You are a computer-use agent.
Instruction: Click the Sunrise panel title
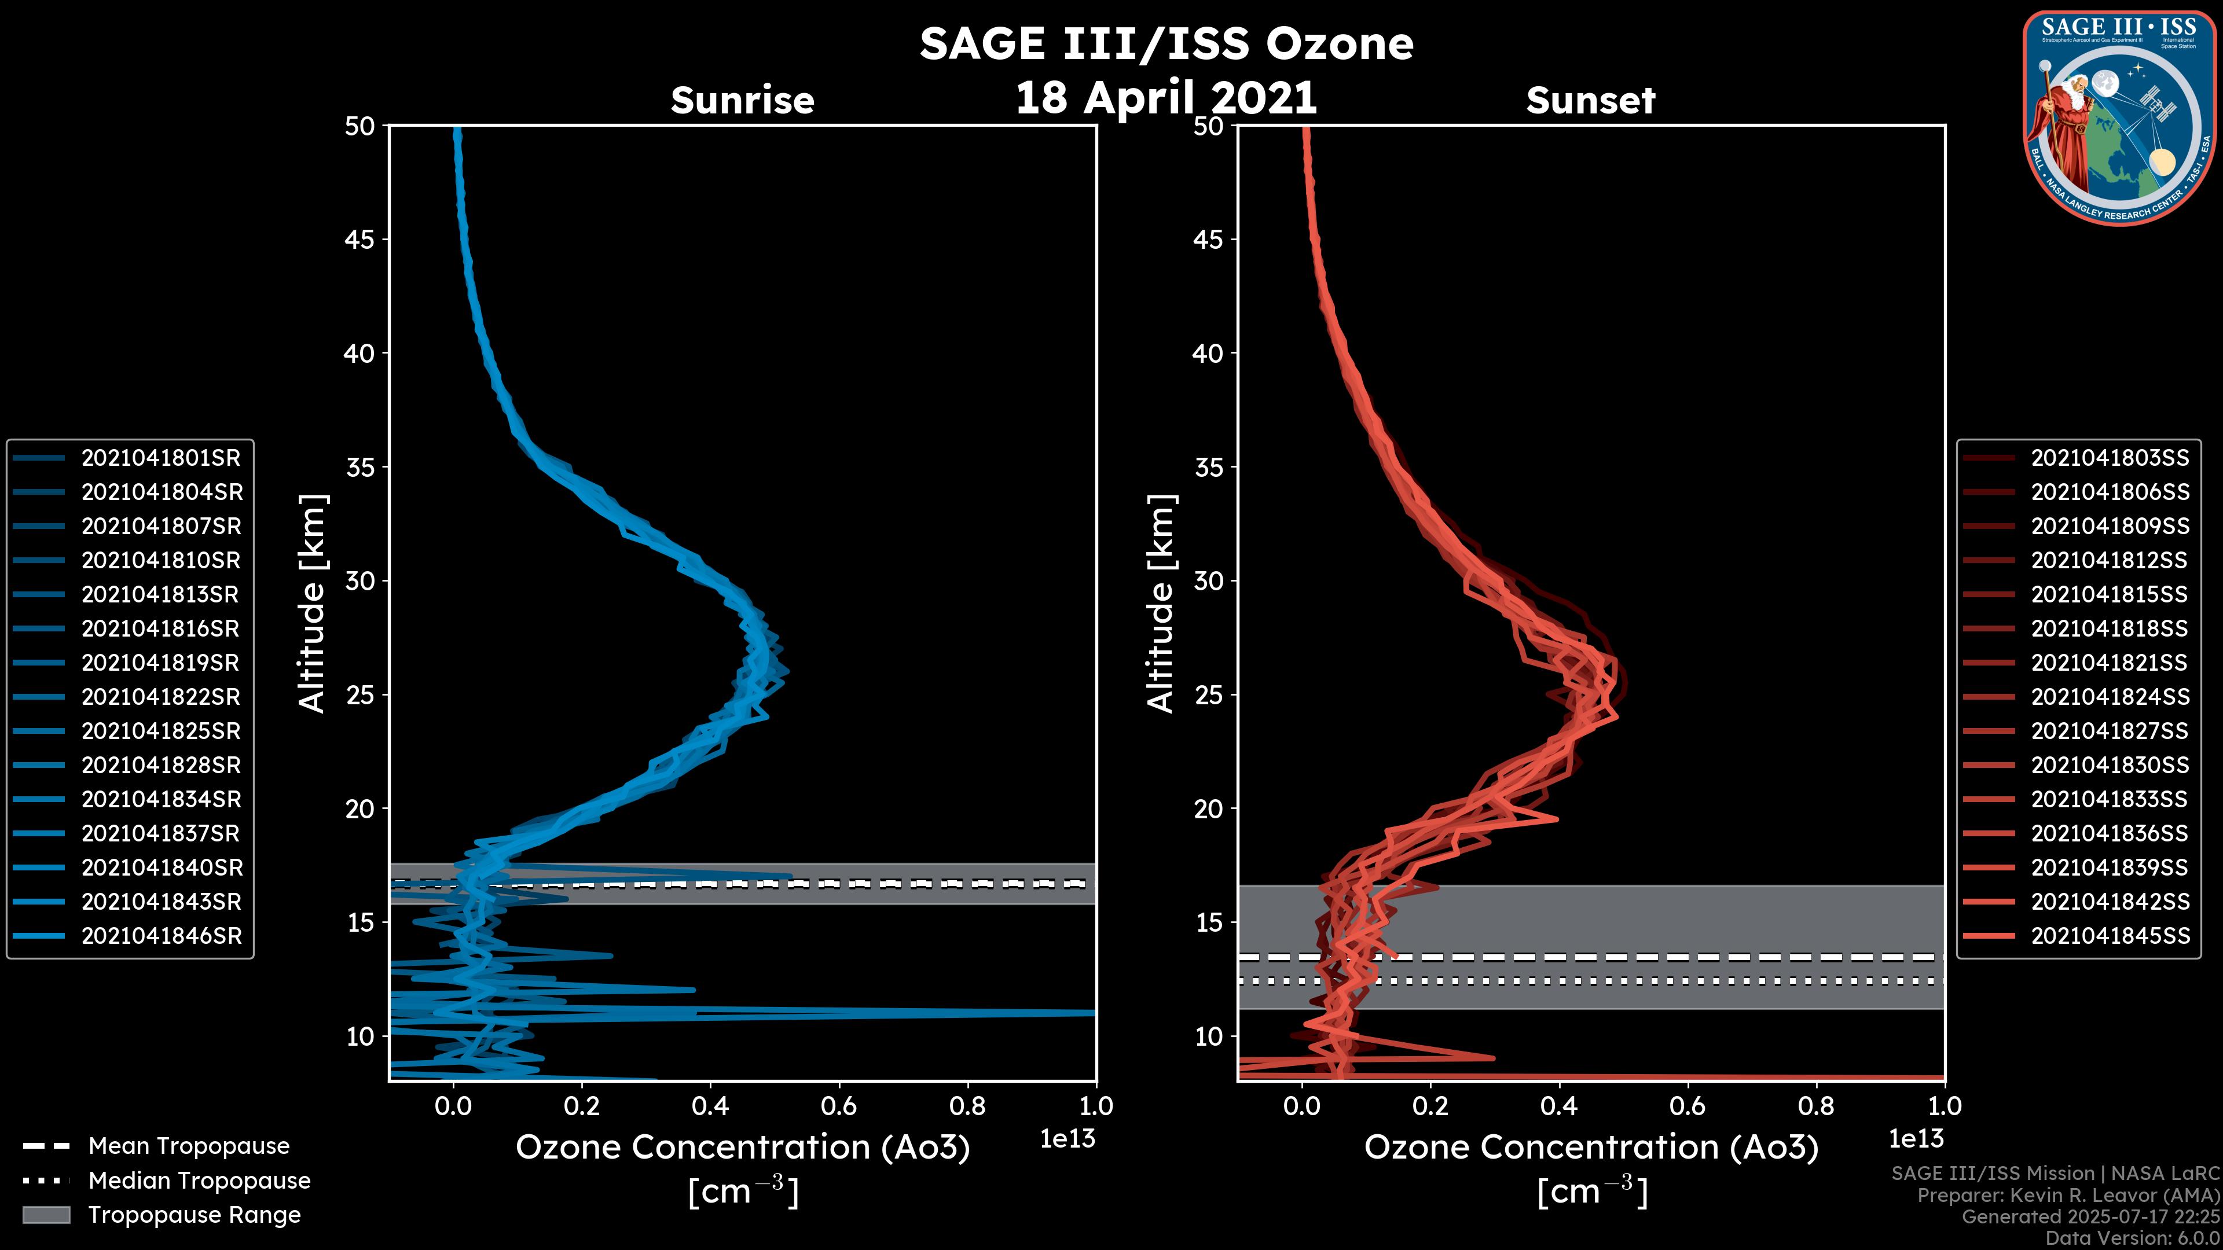(x=742, y=101)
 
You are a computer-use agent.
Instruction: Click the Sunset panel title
(x=1590, y=101)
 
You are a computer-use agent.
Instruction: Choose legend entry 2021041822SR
(x=160, y=697)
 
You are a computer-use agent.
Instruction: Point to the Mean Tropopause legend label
(x=189, y=1146)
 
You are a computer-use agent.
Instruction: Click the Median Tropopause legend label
(x=199, y=1181)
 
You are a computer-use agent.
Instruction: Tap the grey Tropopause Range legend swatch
(x=46, y=1215)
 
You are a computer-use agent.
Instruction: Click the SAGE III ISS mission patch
(x=2119, y=118)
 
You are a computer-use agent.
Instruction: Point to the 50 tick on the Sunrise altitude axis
(x=360, y=127)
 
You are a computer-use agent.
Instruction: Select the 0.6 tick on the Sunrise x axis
(x=839, y=1106)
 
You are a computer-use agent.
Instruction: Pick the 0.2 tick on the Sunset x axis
(x=1430, y=1106)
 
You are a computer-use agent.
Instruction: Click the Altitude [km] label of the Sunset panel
(x=1161, y=604)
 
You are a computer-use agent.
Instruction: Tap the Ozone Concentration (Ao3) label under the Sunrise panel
(x=742, y=1148)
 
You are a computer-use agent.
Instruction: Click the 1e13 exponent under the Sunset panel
(x=1916, y=1139)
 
